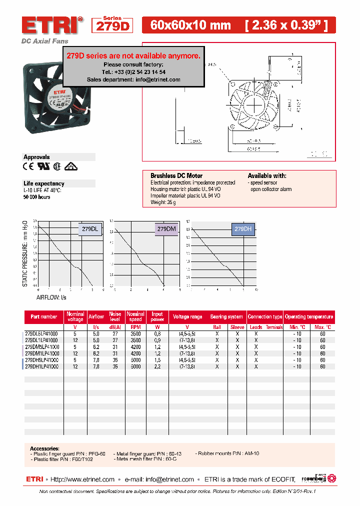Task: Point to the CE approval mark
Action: tap(28, 166)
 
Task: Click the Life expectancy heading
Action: tap(44, 183)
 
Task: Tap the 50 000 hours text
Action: tap(37, 197)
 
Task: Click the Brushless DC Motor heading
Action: tap(176, 176)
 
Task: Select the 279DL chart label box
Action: tap(90, 228)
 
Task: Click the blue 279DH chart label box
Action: tap(243, 228)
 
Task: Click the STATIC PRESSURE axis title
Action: tap(25, 253)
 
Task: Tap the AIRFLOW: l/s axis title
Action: tap(50, 297)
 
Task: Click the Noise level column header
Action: tap(115, 316)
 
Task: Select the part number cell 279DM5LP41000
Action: tap(42, 346)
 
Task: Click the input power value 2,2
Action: tap(157, 366)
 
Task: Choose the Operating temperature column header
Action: tap(309, 316)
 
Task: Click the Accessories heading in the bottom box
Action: tap(44, 448)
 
